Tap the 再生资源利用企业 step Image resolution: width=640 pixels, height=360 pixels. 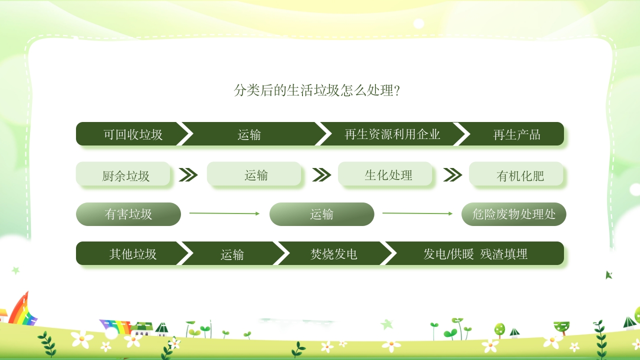[392, 134]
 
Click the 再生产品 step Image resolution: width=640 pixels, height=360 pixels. [516, 134]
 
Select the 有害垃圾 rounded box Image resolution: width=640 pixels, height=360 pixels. [128, 214]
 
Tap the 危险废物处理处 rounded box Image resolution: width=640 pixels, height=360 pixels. [513, 214]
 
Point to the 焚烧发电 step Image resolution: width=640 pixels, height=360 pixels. [333, 253]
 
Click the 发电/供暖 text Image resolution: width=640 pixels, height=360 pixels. [448, 253]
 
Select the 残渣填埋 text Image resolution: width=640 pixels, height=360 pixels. [503, 253]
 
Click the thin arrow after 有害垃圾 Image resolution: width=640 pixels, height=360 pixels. [224, 213]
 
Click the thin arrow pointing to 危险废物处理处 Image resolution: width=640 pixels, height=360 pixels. [417, 213]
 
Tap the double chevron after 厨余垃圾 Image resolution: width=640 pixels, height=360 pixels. [188, 174]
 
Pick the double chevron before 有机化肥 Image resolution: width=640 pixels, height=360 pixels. [452, 174]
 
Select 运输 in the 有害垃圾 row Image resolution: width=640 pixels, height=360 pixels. [321, 214]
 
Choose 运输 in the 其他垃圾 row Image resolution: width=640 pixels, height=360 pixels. [232, 253]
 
